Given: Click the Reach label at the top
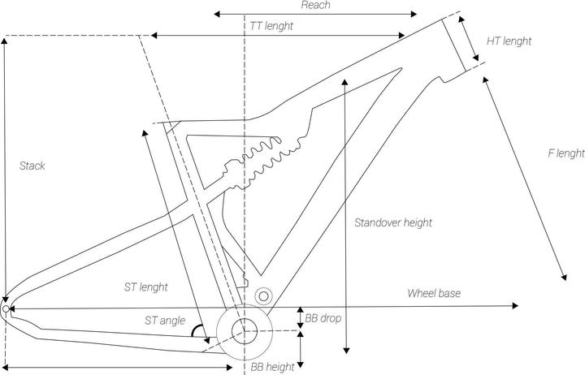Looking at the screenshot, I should [315, 5].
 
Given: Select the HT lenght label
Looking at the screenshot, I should [509, 41].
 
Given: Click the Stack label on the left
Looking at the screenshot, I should [32, 166].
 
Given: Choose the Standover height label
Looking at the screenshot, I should [393, 222].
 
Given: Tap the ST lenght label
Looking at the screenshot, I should [145, 287].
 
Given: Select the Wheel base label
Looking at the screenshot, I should [434, 293].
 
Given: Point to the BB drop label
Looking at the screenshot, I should [323, 318].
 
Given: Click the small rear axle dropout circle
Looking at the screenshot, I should [6, 308].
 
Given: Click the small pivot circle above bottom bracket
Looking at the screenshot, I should [262, 295].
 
